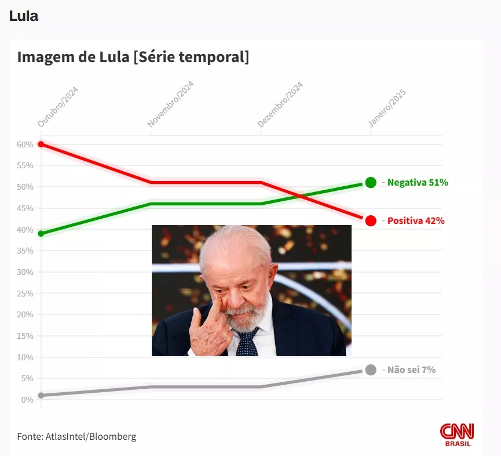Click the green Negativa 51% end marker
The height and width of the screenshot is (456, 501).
tap(371, 183)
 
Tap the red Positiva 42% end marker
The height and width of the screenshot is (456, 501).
tap(371, 220)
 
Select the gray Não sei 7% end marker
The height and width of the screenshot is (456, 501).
tap(371, 370)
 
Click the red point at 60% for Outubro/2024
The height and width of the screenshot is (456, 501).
tap(41, 144)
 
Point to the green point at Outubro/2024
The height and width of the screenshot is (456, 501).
tap(41, 234)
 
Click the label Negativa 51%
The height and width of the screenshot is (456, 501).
tap(418, 183)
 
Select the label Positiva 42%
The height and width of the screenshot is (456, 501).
tap(416, 221)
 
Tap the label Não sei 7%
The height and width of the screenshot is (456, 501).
tap(411, 370)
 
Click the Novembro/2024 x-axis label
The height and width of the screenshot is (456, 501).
tap(170, 104)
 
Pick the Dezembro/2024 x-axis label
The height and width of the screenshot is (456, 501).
tap(280, 105)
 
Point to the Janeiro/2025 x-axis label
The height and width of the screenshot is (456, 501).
tap(387, 108)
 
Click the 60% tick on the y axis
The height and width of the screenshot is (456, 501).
tap(25, 144)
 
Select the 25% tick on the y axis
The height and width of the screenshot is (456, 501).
tap(25, 294)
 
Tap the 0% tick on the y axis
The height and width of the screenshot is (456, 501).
tap(27, 400)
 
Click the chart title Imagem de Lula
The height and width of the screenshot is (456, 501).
tap(133, 57)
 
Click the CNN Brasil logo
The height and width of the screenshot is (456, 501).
tap(457, 435)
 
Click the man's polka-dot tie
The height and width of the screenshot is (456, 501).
tap(248, 343)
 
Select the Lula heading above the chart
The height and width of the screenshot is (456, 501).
tap(24, 16)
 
